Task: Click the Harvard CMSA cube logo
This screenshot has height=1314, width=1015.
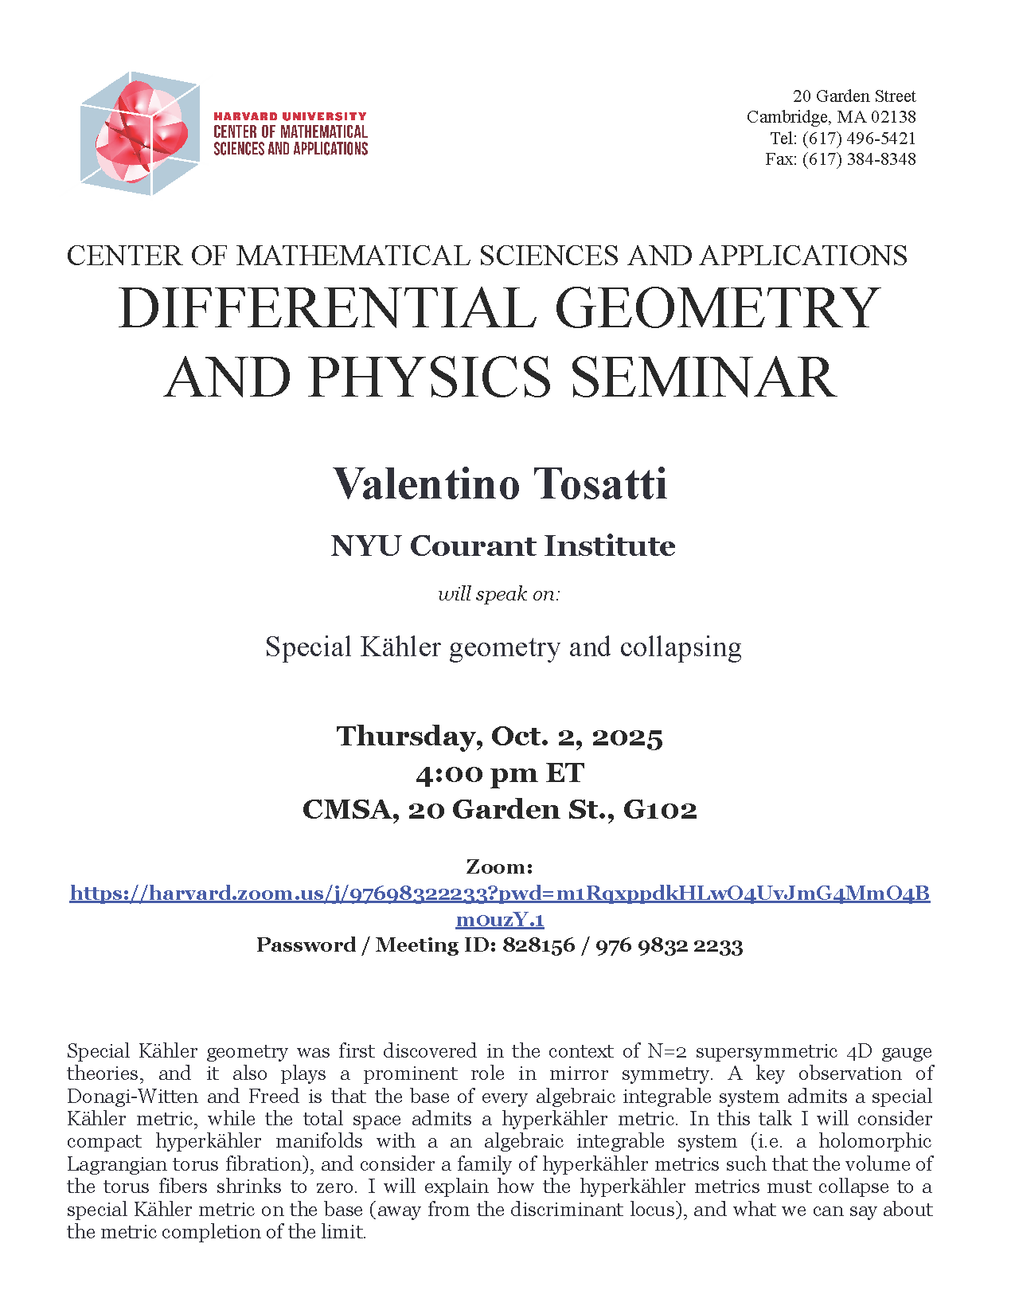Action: tap(139, 134)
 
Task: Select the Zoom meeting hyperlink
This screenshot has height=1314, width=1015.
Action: tap(499, 894)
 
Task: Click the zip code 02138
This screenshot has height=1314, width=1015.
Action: tap(892, 117)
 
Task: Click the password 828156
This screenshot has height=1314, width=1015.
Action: tap(538, 945)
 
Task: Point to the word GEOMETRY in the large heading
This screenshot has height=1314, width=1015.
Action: tap(716, 308)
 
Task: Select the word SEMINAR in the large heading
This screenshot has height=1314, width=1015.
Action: tap(703, 377)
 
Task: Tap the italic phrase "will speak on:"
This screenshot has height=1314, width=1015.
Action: tap(499, 594)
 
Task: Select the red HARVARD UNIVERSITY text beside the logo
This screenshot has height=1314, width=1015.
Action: tap(290, 116)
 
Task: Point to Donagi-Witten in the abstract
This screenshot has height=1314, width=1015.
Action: tap(132, 1097)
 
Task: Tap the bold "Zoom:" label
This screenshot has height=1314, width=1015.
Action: tap(499, 866)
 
